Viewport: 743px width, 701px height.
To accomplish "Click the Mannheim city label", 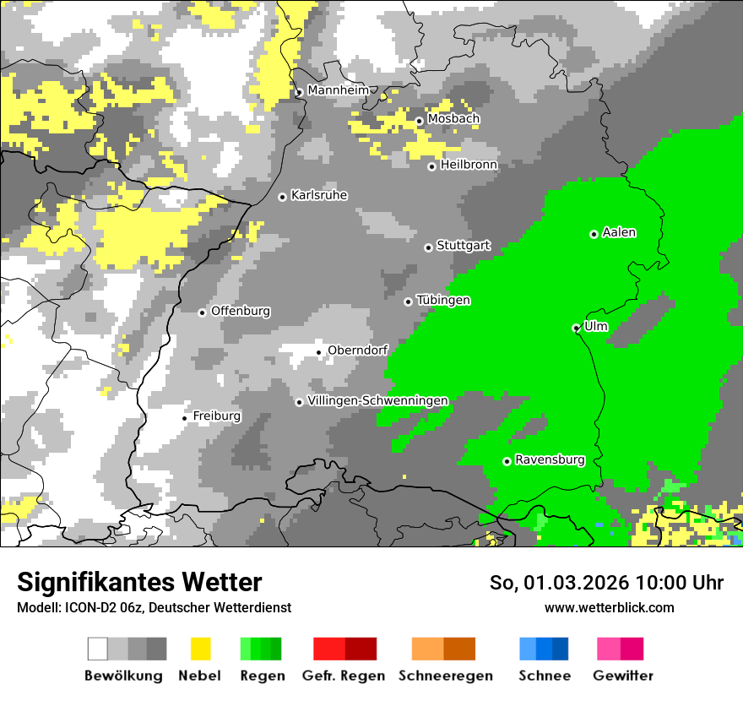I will click(x=338, y=90).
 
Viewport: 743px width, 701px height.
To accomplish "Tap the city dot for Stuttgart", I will click(x=428, y=247).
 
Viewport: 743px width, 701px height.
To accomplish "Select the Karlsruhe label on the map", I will click(x=319, y=195).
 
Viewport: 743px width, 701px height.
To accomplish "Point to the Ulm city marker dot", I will click(x=576, y=328).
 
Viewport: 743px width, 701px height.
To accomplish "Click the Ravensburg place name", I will click(x=550, y=460).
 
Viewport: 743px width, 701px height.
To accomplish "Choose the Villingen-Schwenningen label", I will click(x=377, y=400).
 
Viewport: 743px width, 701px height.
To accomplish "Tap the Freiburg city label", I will click(x=216, y=416).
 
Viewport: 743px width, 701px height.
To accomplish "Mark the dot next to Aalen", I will click(x=594, y=234).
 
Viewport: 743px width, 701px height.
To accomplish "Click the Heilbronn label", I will click(x=469, y=165).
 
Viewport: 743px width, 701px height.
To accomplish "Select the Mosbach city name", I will click(x=453, y=119).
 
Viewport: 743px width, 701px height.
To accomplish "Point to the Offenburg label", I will click(x=241, y=311).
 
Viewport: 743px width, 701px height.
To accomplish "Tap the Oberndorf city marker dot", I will click(x=318, y=352).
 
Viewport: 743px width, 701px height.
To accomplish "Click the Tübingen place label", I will click(x=443, y=301).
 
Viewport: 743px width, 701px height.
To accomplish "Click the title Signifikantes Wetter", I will click(x=139, y=583).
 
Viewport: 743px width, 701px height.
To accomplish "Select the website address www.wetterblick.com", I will click(x=609, y=607).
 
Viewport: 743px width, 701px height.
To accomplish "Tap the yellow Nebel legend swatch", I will click(x=200, y=649).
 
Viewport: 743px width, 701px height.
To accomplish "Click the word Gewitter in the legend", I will click(x=622, y=676).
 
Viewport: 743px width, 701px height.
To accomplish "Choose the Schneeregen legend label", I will click(x=445, y=676).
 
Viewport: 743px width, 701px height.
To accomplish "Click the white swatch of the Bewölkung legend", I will click(x=98, y=649).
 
